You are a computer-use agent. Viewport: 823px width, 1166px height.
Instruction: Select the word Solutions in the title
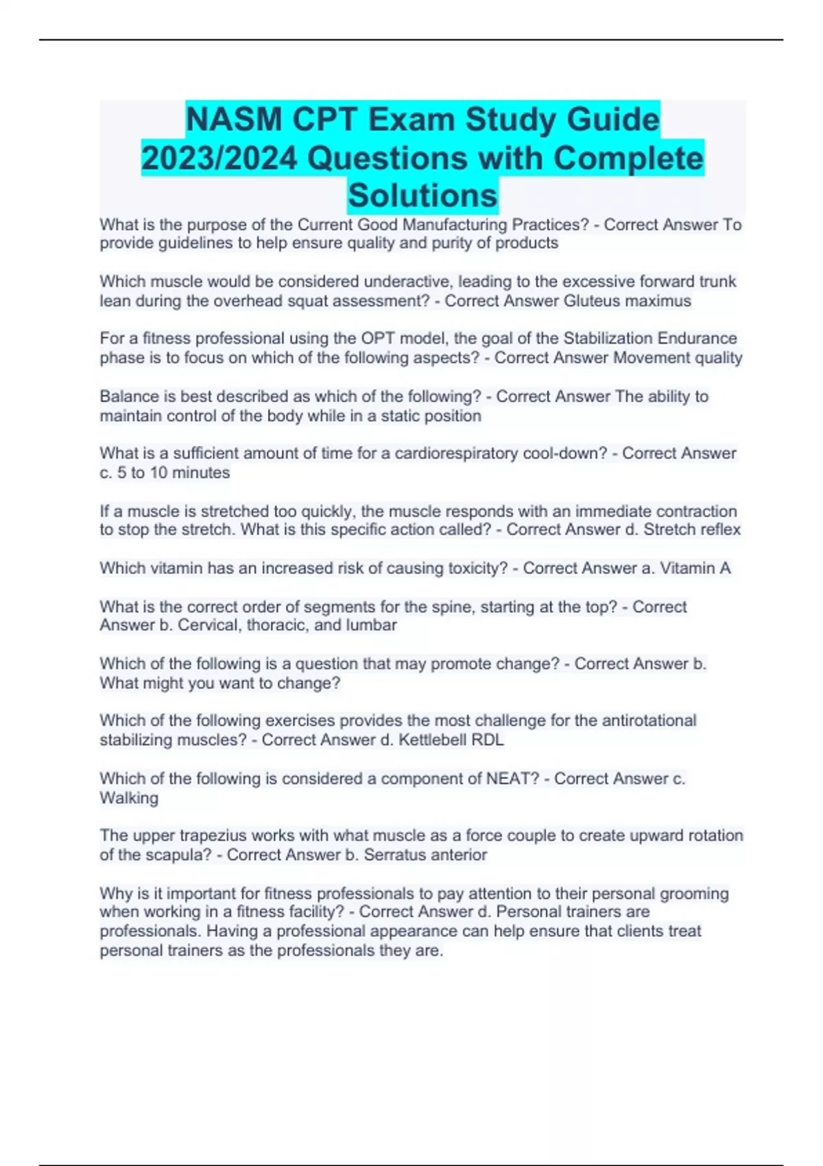[422, 195]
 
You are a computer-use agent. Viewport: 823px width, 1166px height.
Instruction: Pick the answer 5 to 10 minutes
[173, 473]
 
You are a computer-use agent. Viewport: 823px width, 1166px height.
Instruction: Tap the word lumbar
[370, 625]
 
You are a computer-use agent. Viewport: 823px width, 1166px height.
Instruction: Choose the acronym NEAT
[512, 778]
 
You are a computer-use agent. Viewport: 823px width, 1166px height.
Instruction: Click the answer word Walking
[129, 798]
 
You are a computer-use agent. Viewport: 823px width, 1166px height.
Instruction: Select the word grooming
[694, 893]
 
